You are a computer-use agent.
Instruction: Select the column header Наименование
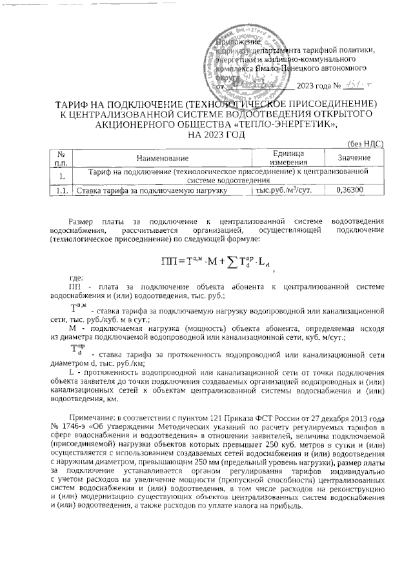pyautogui.click(x=162, y=158)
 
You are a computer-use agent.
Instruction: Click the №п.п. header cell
pyautogui.click(x=61, y=158)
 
